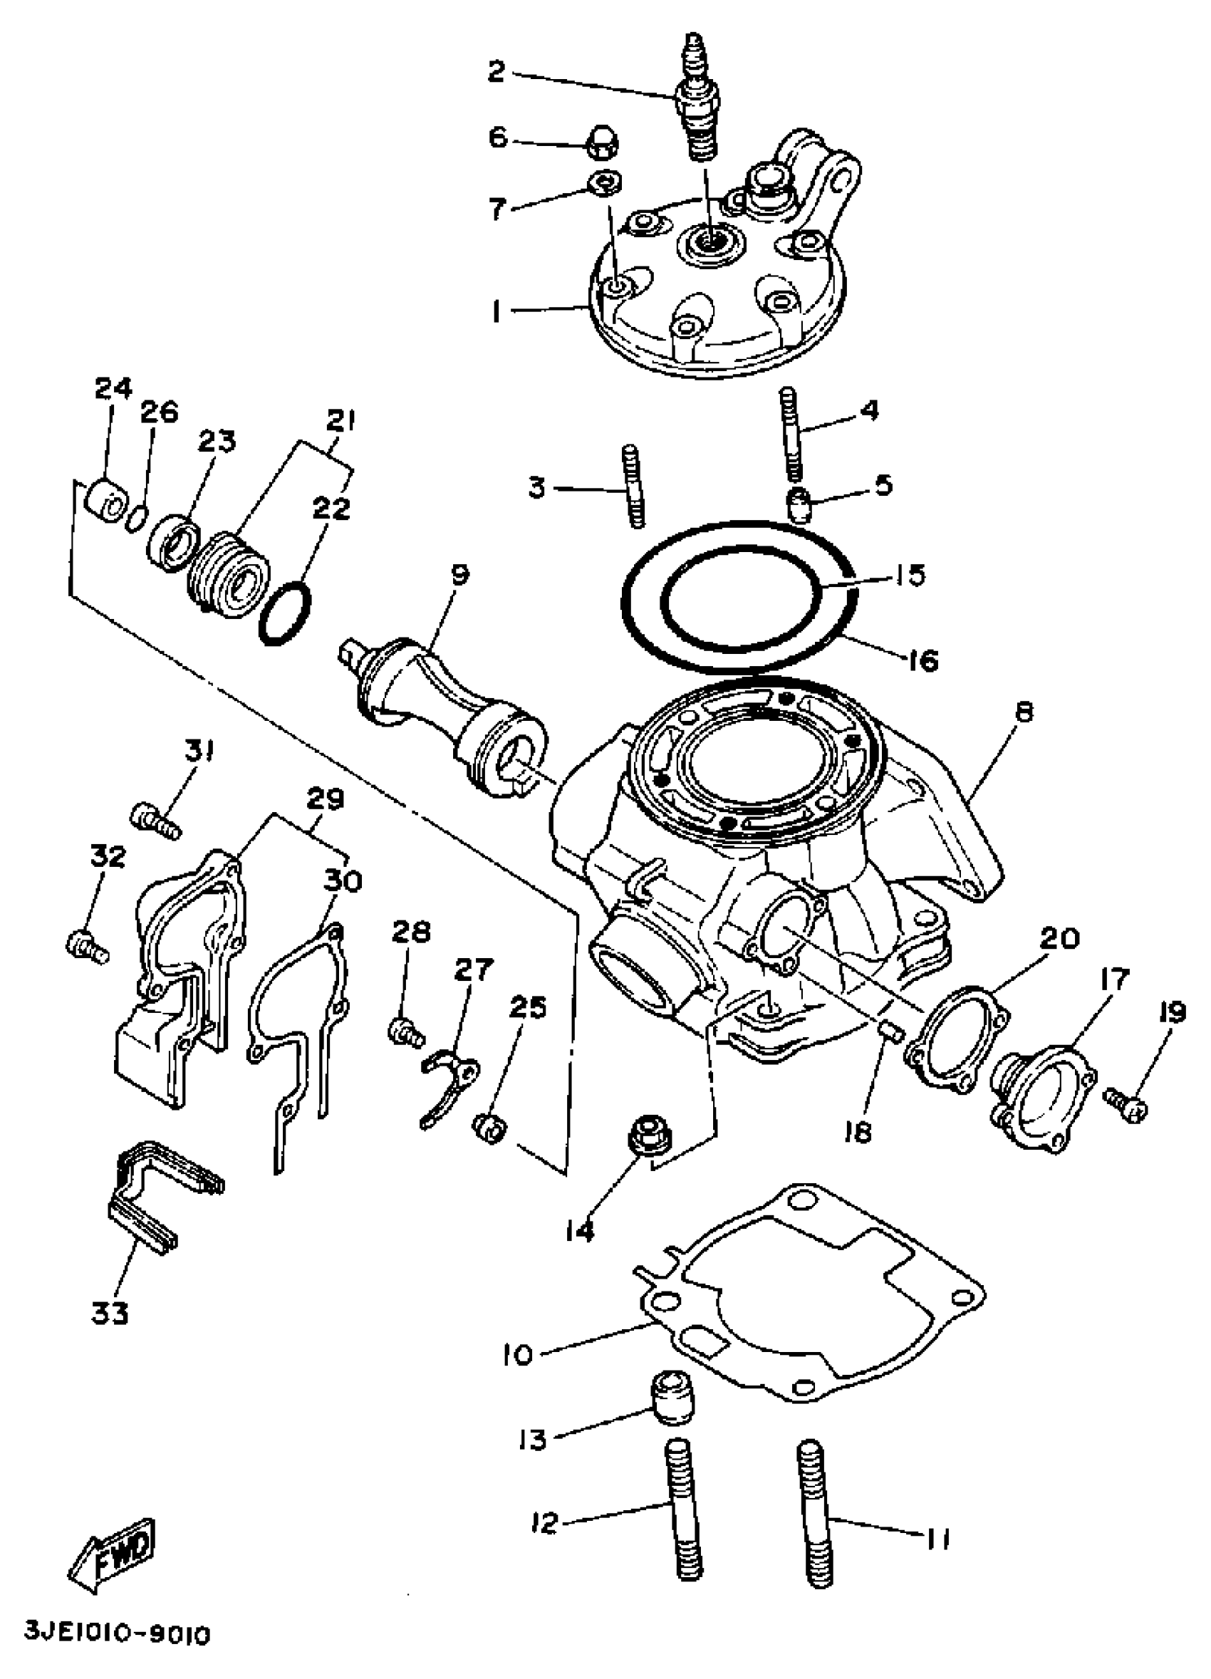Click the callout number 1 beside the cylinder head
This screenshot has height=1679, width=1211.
497,313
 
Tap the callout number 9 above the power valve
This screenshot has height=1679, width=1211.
459,573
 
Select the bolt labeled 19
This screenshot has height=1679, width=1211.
1126,1108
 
